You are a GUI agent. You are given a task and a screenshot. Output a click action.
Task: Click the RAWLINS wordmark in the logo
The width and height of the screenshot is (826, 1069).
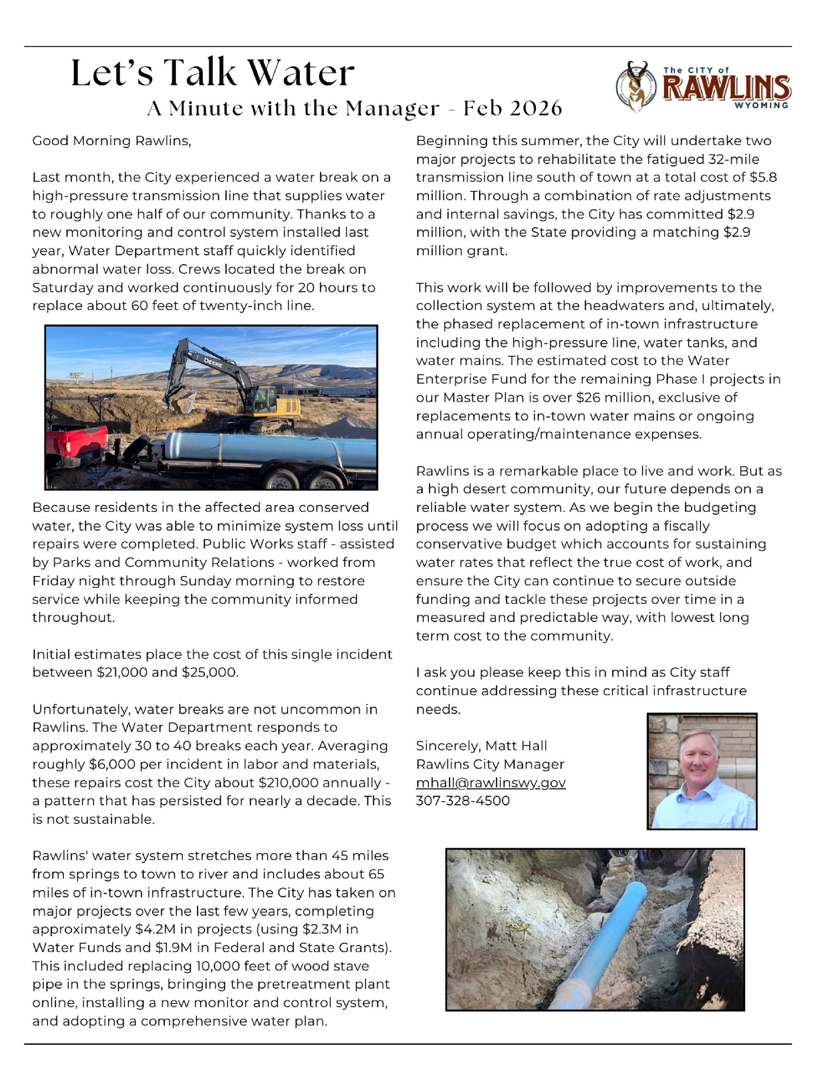point(726,88)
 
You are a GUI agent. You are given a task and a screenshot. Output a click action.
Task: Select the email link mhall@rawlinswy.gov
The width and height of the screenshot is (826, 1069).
point(491,783)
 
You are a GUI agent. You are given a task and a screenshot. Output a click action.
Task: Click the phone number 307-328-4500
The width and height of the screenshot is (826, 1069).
point(463,801)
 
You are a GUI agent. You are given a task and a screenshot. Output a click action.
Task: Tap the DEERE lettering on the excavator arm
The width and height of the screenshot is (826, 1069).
point(213,363)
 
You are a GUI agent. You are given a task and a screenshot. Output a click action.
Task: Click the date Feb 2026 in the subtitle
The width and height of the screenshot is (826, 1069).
point(512,108)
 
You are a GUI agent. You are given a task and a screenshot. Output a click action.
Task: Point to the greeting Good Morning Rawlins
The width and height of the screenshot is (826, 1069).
point(111,141)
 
